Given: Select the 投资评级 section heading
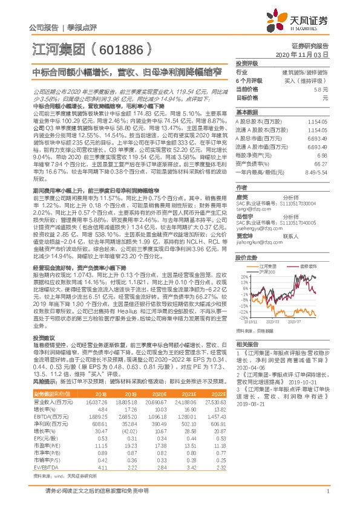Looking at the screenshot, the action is tap(247, 63).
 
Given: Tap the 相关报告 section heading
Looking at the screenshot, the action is tap(247, 342).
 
